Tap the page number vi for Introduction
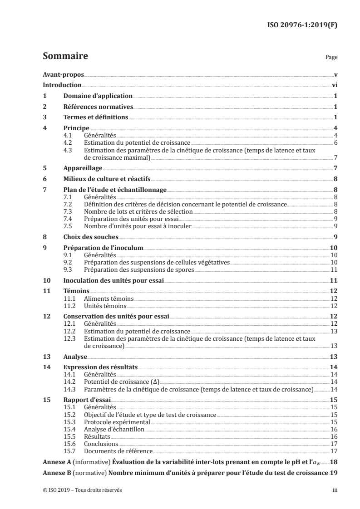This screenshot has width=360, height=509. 334,85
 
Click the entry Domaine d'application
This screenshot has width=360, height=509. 98,96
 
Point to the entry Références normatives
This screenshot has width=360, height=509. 98,107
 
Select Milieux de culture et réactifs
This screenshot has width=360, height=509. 107,179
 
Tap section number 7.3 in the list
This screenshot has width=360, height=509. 68,212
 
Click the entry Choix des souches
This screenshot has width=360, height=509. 91,237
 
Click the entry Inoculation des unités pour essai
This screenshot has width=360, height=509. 113,281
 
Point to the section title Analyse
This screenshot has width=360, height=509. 75,357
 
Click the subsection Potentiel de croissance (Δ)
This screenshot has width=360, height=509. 120,382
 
